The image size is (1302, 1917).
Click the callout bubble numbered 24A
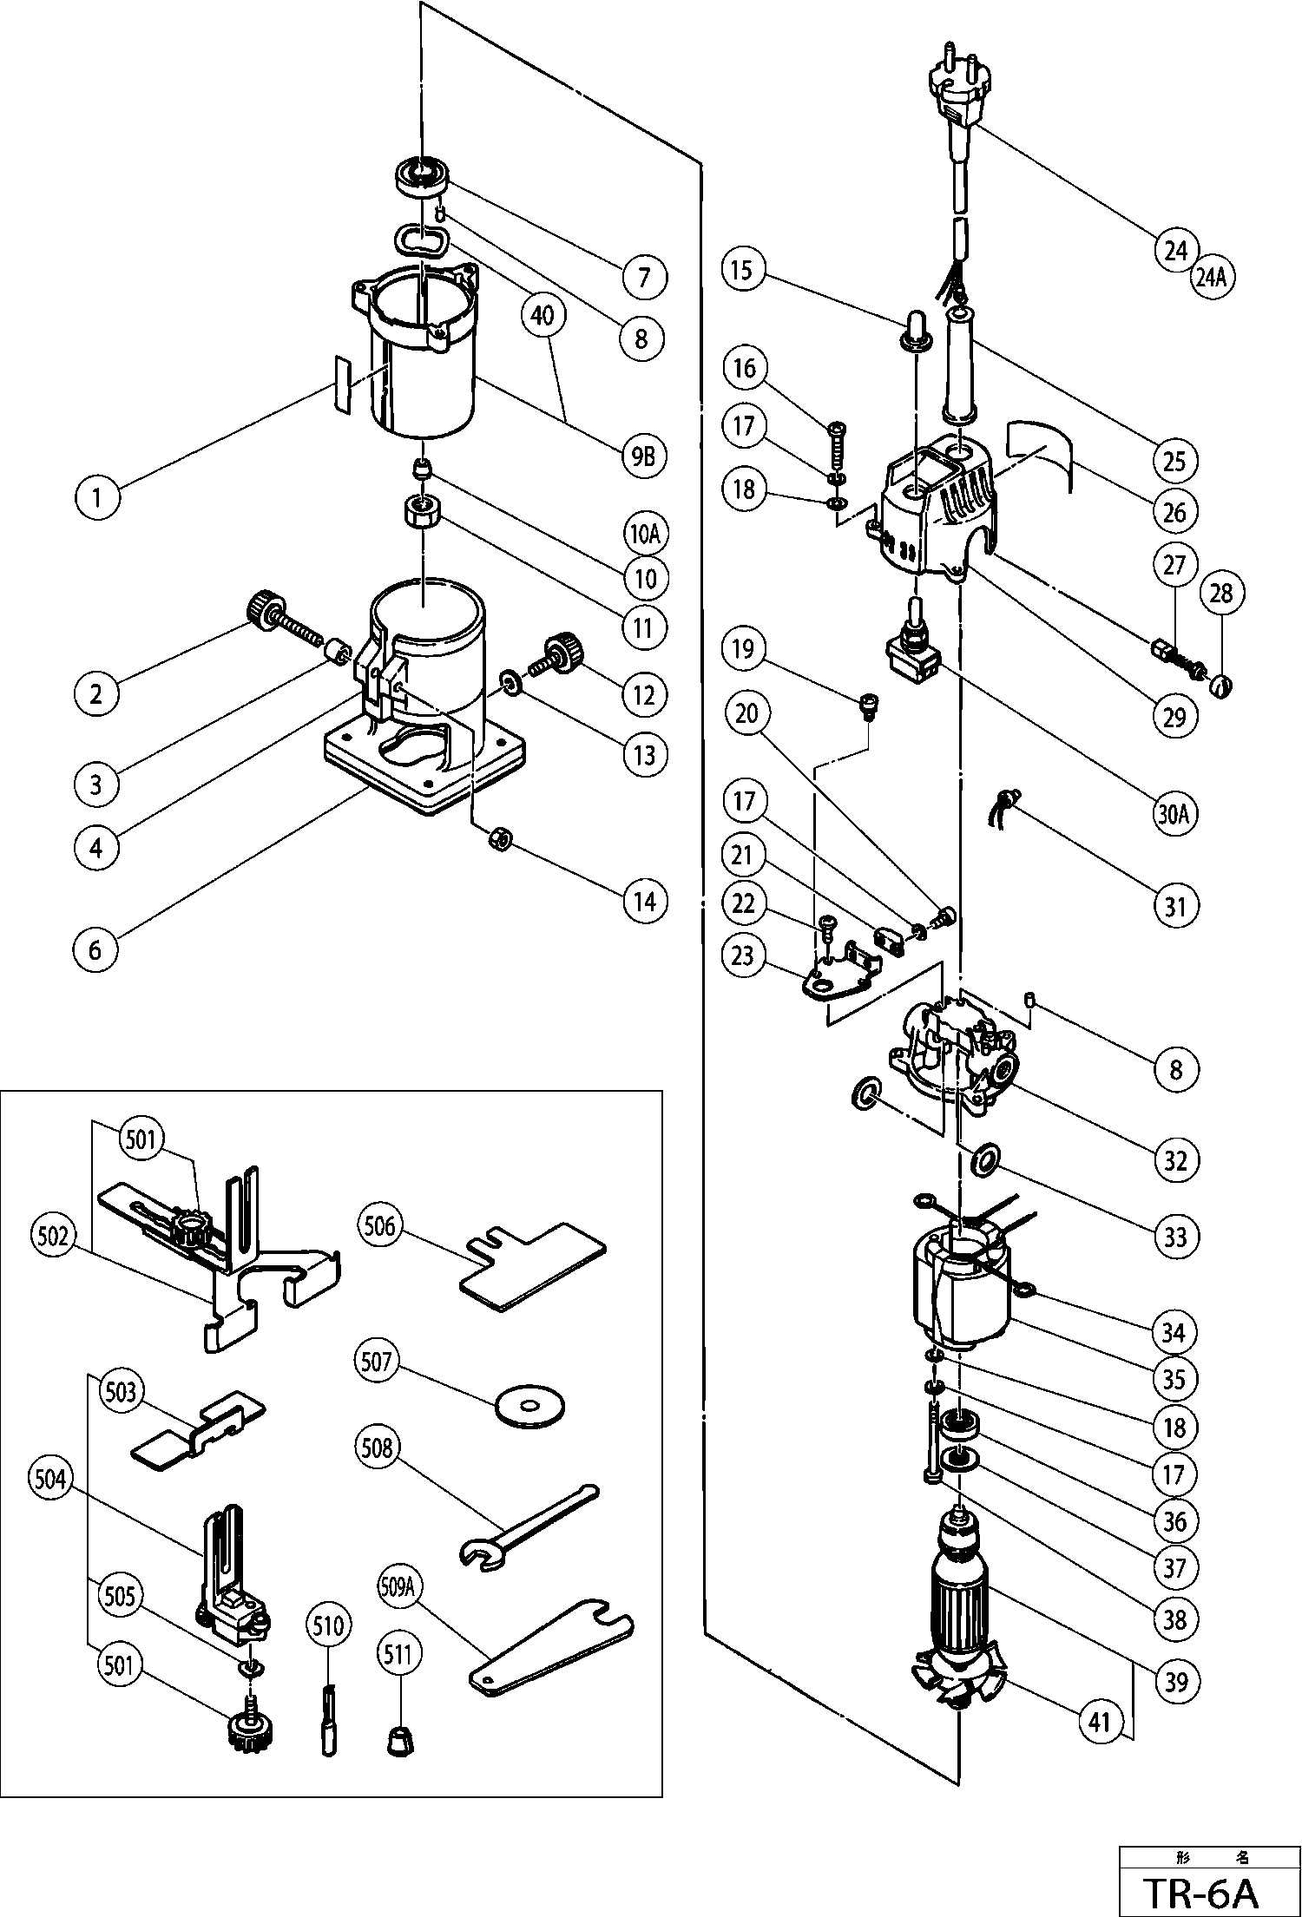coord(1213,279)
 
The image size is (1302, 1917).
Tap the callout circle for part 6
coord(95,950)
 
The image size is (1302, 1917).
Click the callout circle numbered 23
coord(743,956)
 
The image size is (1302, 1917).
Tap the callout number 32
coord(1175,1160)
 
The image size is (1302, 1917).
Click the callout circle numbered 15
coord(743,270)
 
